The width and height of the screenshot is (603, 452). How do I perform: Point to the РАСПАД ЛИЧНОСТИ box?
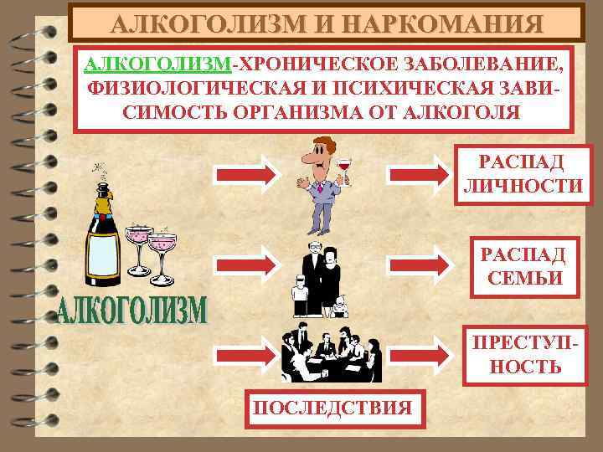pos(521,173)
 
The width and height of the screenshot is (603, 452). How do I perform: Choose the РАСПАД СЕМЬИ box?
pos(521,267)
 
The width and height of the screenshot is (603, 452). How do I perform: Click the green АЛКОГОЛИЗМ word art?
pos(133,312)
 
